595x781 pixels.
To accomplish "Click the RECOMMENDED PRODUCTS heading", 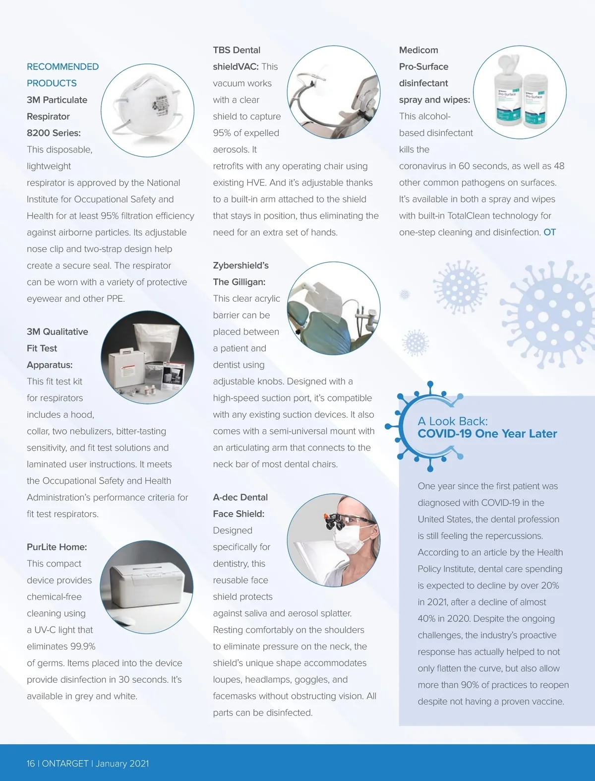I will click(x=62, y=74).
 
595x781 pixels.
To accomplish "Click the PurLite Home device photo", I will click(x=146, y=587).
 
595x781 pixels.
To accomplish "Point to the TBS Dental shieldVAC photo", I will click(x=333, y=93).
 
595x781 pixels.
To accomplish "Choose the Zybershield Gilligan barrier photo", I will click(x=333, y=308).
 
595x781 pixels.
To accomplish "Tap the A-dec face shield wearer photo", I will click(x=333, y=540).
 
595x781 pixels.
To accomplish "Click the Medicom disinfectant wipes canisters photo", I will click(x=519, y=93).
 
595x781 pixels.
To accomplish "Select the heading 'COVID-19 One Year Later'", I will click(x=487, y=434).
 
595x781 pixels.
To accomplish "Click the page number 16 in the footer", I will click(x=31, y=764).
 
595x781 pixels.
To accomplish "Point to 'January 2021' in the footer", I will click(x=122, y=764).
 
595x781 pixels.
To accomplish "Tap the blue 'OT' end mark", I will click(x=549, y=232).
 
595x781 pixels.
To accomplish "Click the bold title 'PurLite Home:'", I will click(x=57, y=547).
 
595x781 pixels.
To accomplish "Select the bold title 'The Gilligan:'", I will click(x=239, y=282).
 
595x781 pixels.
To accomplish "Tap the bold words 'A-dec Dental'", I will click(x=240, y=497).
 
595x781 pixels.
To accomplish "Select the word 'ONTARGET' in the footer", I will click(x=65, y=764).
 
